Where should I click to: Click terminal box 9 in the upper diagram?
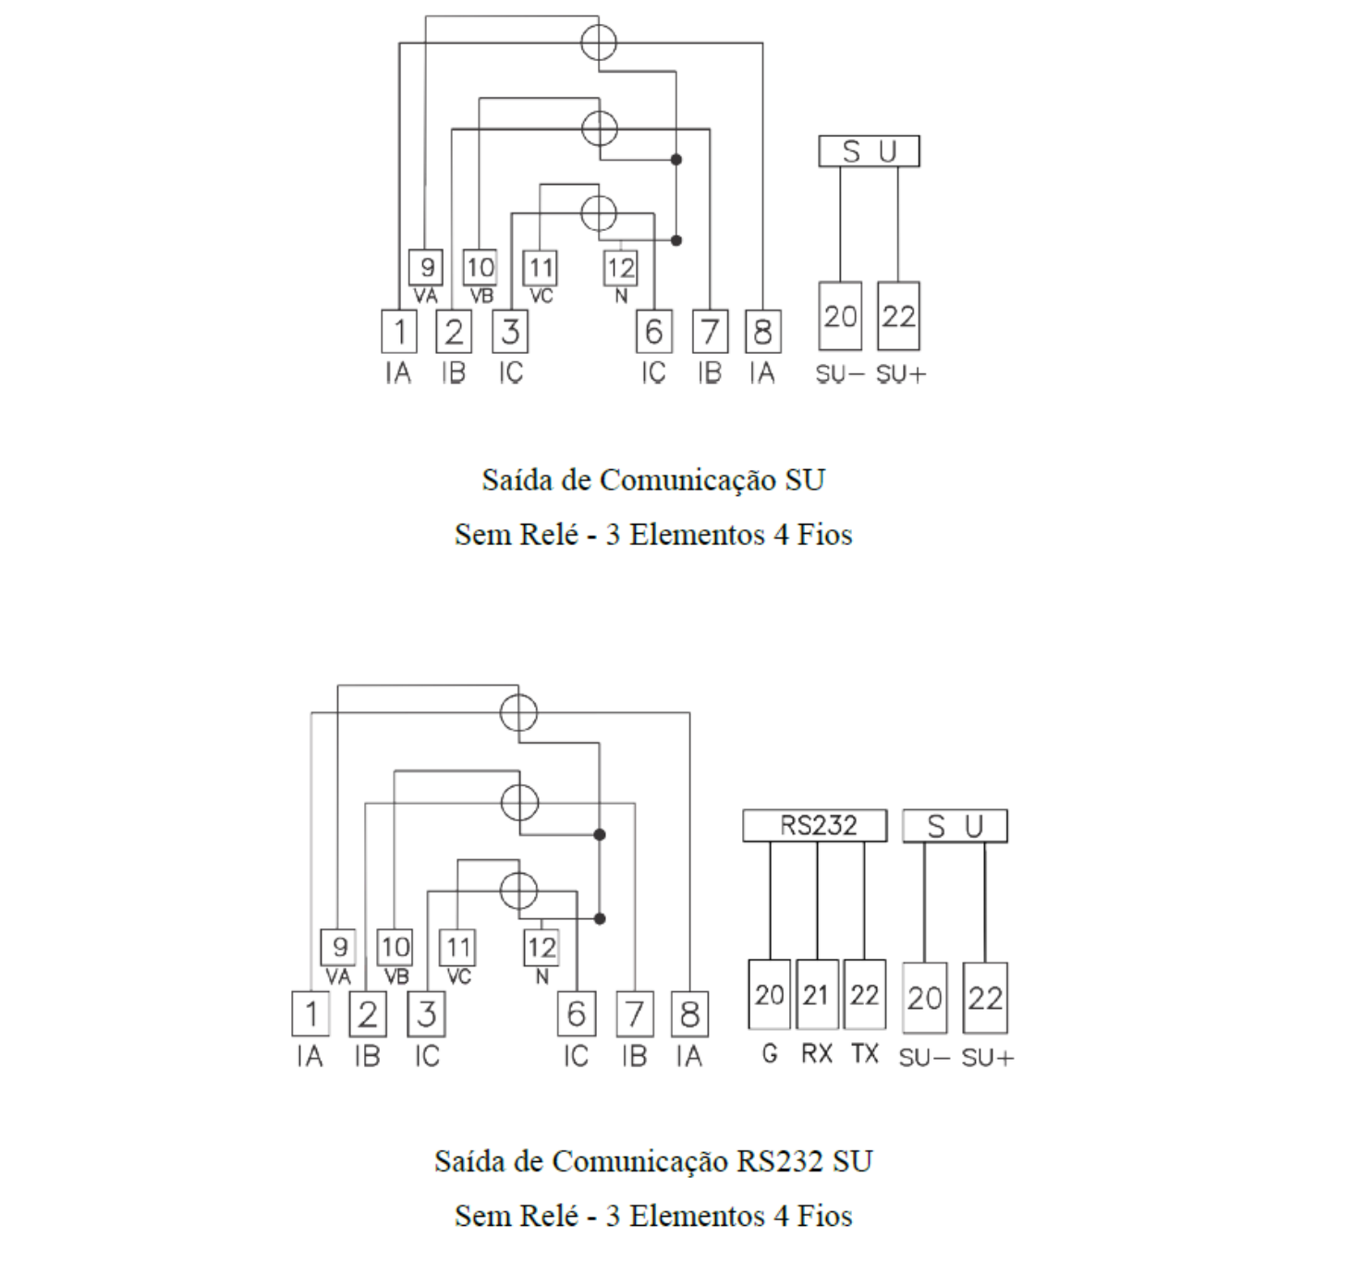pyautogui.click(x=426, y=267)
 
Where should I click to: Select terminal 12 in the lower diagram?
pyautogui.click(x=542, y=948)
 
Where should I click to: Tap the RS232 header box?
pyautogui.click(x=815, y=826)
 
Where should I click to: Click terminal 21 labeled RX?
pyautogui.click(x=817, y=994)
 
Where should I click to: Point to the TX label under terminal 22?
pyautogui.click(x=865, y=1053)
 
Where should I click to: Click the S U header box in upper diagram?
pyautogui.click(x=870, y=151)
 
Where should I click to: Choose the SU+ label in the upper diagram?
pyautogui.click(x=901, y=374)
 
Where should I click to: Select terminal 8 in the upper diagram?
pyautogui.click(x=762, y=332)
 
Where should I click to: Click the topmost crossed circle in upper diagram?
pyautogui.click(x=599, y=42)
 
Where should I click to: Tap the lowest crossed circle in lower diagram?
pyautogui.click(x=518, y=891)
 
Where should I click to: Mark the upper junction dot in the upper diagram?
pyautogui.click(x=676, y=160)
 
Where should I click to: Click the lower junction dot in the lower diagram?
pyautogui.click(x=600, y=919)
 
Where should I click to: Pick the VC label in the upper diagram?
pyautogui.click(x=542, y=297)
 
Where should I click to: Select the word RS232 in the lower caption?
pyautogui.click(x=780, y=1161)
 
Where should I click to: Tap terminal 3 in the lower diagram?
pyautogui.click(x=427, y=1014)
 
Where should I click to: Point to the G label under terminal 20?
pyautogui.click(x=770, y=1053)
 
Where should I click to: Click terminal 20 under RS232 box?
pyautogui.click(x=770, y=994)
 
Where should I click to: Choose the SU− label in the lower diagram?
pyautogui.click(x=924, y=1058)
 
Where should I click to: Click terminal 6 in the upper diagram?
pyautogui.click(x=653, y=332)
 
